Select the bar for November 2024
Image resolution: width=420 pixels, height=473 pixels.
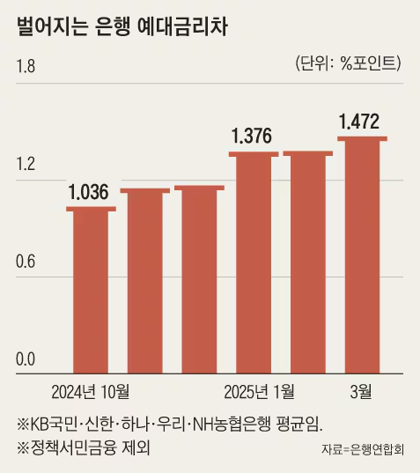(x=145, y=281)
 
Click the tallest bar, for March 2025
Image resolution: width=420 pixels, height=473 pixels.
(x=363, y=255)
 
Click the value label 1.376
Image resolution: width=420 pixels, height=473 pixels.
(x=253, y=137)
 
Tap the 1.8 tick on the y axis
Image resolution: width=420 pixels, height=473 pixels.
(x=26, y=66)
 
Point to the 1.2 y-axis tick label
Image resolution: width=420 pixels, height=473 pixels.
(x=26, y=165)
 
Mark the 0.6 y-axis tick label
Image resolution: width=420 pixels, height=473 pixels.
(x=26, y=262)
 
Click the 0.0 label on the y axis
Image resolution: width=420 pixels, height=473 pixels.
(x=26, y=359)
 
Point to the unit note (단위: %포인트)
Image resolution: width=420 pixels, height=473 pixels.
(x=344, y=63)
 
